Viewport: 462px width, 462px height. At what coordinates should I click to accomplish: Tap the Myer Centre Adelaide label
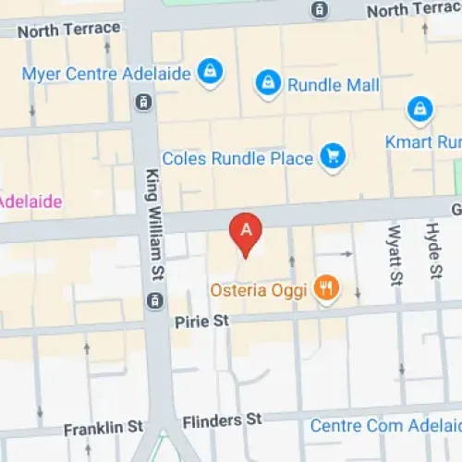106,73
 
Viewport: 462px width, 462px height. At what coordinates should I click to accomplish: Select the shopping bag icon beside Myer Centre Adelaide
211,72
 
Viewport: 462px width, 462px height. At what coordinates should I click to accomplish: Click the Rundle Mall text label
334,85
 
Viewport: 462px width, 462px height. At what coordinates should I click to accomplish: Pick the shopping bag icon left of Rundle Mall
268,83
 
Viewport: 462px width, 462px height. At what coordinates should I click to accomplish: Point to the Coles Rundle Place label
237,158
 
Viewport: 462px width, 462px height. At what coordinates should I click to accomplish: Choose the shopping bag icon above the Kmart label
420,111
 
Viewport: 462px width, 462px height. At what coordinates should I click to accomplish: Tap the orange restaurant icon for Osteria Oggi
325,289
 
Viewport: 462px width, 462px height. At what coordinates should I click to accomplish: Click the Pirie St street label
201,321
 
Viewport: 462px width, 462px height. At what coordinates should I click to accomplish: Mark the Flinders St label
223,421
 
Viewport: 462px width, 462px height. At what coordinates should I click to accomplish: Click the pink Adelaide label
30,201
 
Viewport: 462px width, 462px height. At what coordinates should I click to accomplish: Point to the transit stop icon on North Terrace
319,10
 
